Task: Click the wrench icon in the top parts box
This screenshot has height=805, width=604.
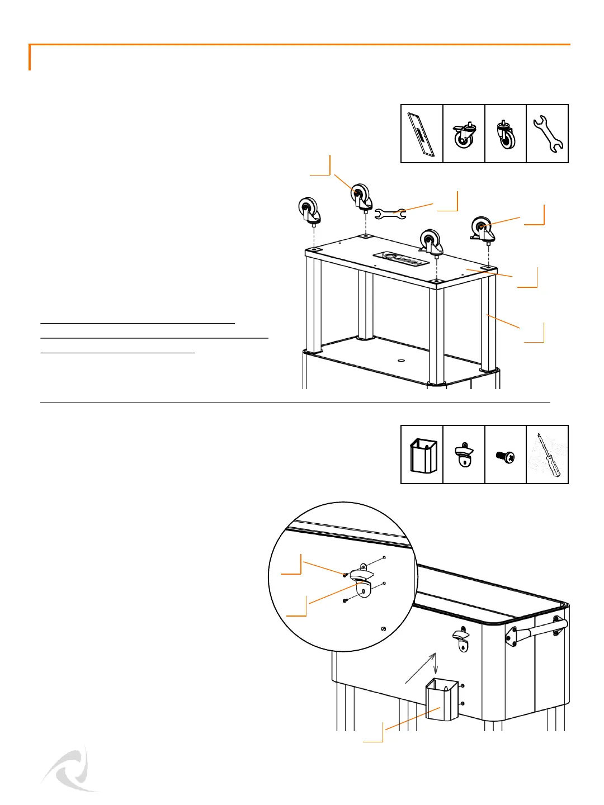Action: pos(548,134)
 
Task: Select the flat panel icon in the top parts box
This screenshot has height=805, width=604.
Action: pos(422,134)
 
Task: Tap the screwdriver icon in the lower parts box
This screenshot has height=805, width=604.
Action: pos(548,454)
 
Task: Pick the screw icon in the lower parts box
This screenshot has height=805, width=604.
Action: pos(506,456)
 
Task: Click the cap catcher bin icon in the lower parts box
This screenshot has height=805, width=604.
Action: pos(423,456)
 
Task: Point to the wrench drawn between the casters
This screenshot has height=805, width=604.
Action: pos(390,213)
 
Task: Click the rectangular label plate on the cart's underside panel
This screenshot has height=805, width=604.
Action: pos(401,259)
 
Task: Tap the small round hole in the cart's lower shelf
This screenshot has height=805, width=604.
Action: pos(401,361)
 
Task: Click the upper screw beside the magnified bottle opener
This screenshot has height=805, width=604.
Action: pos(346,575)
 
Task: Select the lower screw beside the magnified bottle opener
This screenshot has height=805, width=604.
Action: pos(345,601)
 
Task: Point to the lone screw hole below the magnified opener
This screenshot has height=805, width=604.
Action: pos(383,629)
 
